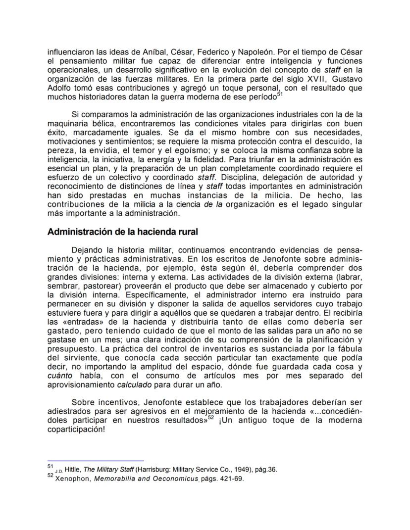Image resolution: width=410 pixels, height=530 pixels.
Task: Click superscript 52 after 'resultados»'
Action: pos(210,418)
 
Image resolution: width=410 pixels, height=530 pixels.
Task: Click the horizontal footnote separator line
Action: pos(95,460)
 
